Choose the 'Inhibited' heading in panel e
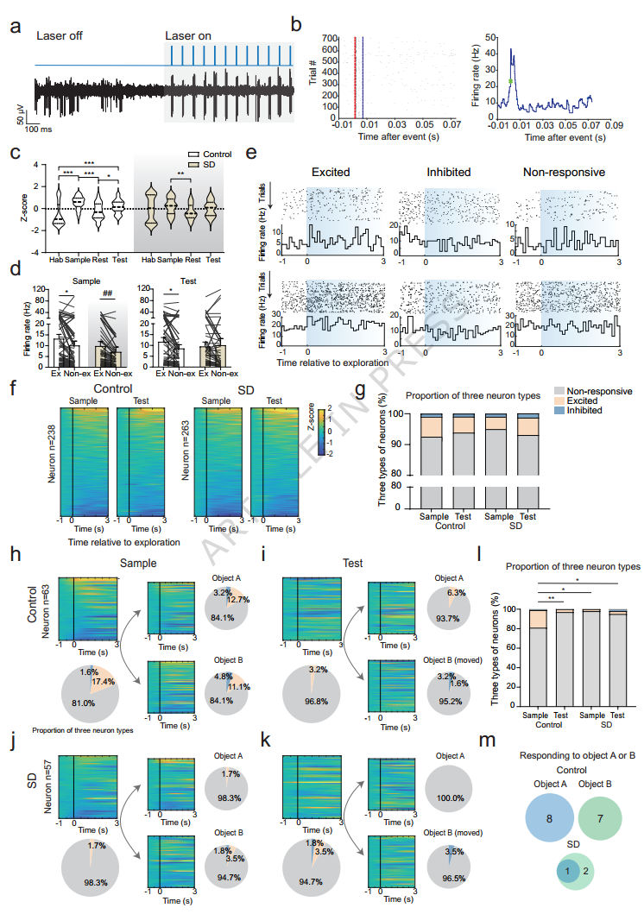pyautogui.click(x=448, y=173)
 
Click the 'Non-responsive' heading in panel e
pyautogui.click(x=566, y=173)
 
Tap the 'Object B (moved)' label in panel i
pyautogui.click(x=449, y=638)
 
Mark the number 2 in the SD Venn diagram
pyautogui.click(x=587, y=873)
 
